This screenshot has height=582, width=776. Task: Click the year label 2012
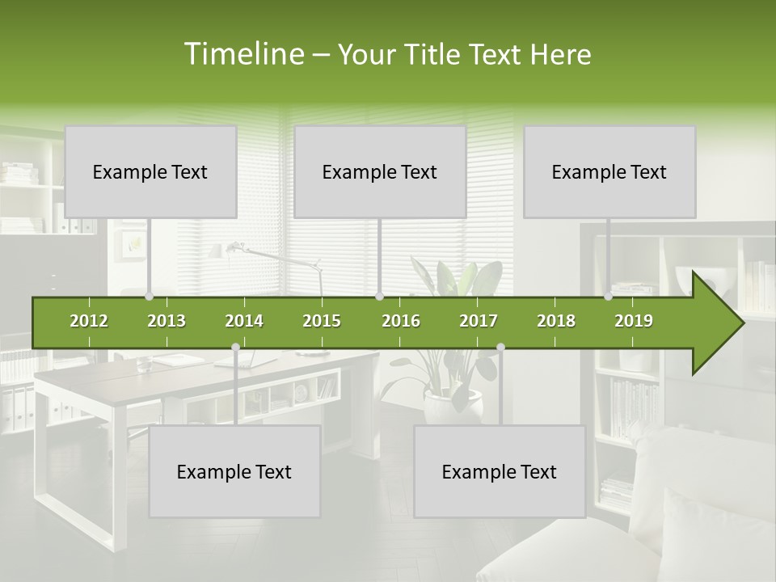pyautogui.click(x=89, y=321)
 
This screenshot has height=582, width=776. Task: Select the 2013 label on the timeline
pyautogui.click(x=167, y=321)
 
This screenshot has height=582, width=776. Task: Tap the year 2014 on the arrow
pyautogui.click(x=244, y=321)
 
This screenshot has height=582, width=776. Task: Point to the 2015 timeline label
pyautogui.click(x=322, y=321)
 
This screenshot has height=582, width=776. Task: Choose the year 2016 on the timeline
pyautogui.click(x=401, y=321)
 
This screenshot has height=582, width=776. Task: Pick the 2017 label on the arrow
pyautogui.click(x=479, y=321)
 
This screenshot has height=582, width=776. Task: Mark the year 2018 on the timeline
pyautogui.click(x=556, y=321)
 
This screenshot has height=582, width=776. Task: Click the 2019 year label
pyautogui.click(x=634, y=321)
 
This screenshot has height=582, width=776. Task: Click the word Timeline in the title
pyautogui.click(x=243, y=54)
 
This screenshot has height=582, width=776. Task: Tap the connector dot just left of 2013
pyautogui.click(x=149, y=297)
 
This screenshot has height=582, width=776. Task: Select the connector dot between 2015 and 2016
pyautogui.click(x=379, y=297)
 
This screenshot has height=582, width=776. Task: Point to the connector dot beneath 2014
pyautogui.click(x=235, y=348)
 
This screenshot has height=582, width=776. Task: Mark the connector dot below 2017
pyautogui.click(x=500, y=348)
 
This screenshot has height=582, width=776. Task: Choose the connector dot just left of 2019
pyautogui.click(x=609, y=297)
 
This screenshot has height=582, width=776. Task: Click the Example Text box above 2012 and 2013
pyautogui.click(x=150, y=171)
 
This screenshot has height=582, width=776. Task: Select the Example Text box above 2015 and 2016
pyautogui.click(x=380, y=171)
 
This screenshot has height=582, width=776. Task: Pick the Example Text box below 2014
pyautogui.click(x=234, y=471)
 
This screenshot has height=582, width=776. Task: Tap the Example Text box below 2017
pyautogui.click(x=500, y=471)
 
